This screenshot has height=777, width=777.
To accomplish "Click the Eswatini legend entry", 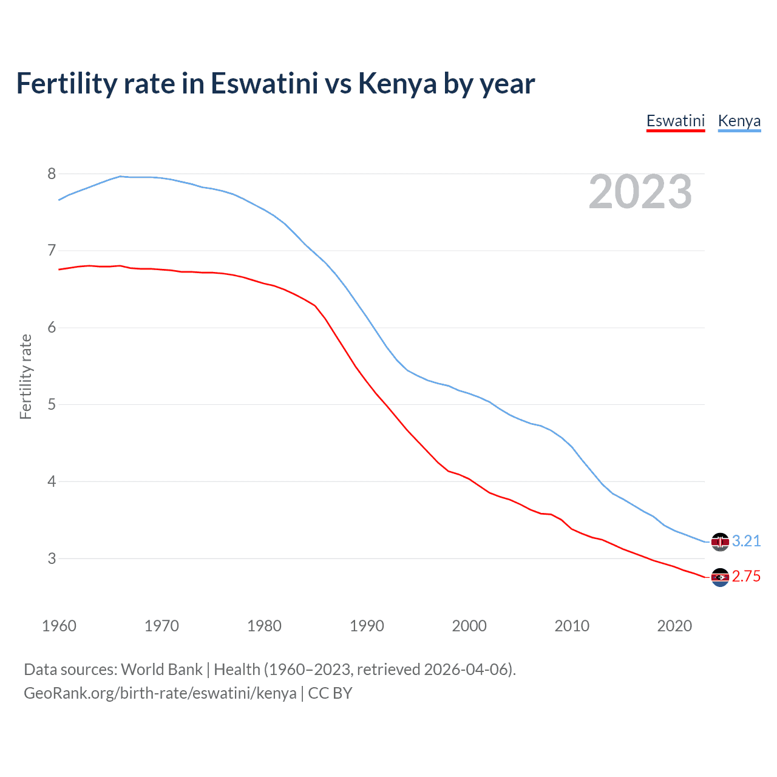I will tap(675, 121).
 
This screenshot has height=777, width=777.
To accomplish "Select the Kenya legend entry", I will tap(739, 121).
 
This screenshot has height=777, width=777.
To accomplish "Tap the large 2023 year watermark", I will tap(640, 192).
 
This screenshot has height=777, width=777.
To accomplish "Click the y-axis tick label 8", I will tap(52, 174).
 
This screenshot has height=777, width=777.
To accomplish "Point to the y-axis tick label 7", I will tap(52, 251).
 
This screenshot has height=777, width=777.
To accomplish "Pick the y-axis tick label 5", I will tap(52, 404).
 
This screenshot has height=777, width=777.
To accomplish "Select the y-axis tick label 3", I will tap(52, 558).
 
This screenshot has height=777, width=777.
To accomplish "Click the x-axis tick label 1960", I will tap(59, 626).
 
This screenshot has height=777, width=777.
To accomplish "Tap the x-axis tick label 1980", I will tap(264, 626).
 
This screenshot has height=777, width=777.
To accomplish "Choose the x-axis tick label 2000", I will tap(469, 626).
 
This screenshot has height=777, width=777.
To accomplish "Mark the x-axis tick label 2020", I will tap(674, 626).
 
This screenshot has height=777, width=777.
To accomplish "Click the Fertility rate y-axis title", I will tap(25, 376).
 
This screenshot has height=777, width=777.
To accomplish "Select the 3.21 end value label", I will tap(746, 541).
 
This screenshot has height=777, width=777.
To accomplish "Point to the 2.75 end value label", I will tap(746, 577).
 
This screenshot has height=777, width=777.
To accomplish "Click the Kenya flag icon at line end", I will tap(720, 541).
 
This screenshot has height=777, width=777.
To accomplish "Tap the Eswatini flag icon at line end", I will tap(720, 577).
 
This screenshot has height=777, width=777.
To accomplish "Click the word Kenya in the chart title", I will tap(397, 84).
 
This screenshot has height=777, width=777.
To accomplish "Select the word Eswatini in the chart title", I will tap(264, 84).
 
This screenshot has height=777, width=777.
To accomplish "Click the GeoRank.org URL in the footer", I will tap(160, 693).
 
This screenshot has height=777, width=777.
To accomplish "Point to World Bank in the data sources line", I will tap(161, 670).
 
